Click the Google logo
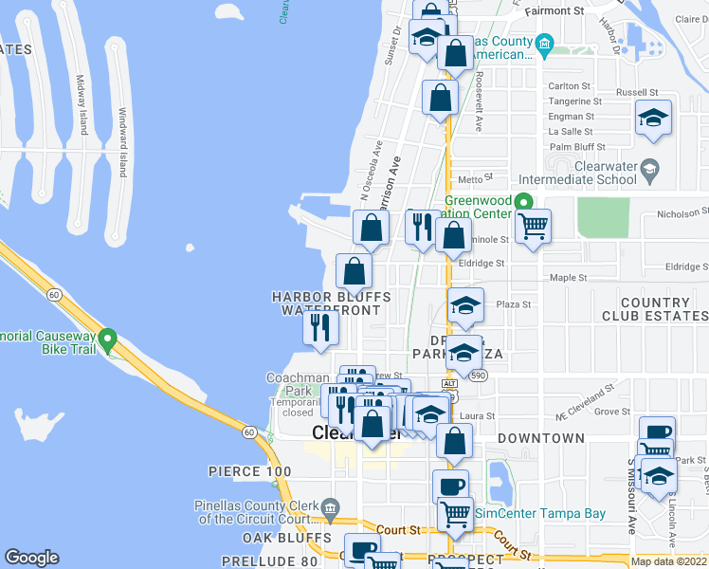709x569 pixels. click(x=31, y=558)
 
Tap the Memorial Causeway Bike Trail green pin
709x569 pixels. click(x=108, y=338)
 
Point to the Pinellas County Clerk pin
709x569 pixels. click(x=329, y=507)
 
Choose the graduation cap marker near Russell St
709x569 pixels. click(x=652, y=119)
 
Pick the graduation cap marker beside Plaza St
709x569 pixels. click(x=464, y=306)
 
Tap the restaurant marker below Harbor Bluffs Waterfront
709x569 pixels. click(x=319, y=327)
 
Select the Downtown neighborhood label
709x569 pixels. click(x=540, y=438)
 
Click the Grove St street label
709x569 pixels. click(x=612, y=412)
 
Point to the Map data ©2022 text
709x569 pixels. click(x=669, y=561)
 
